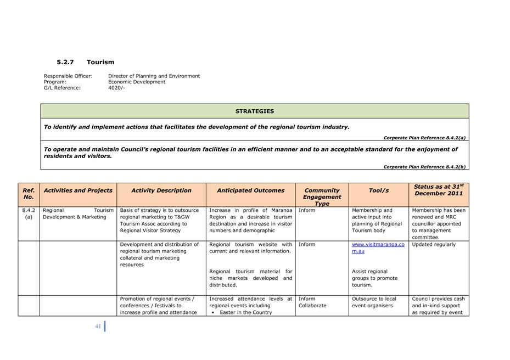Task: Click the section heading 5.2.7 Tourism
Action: coord(85,62)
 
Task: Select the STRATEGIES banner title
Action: coord(254,111)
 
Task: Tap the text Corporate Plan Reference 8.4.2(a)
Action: coord(424,138)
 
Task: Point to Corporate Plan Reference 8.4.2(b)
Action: coord(424,167)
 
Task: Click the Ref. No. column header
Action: coord(29,194)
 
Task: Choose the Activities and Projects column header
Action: coord(78,190)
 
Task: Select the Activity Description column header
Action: coord(161,190)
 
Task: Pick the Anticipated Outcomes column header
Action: coord(250,190)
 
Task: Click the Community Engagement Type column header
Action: coord(322,197)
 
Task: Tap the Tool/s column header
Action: coord(378,190)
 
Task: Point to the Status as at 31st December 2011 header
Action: coord(438,190)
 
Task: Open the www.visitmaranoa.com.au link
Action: coord(378,248)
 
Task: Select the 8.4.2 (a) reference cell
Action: coord(29,213)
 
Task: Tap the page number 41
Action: coord(98,326)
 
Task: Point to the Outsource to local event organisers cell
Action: coord(374,302)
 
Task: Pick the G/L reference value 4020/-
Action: coord(116,88)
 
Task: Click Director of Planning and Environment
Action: coord(154,76)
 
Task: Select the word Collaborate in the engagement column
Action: coord(312,306)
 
